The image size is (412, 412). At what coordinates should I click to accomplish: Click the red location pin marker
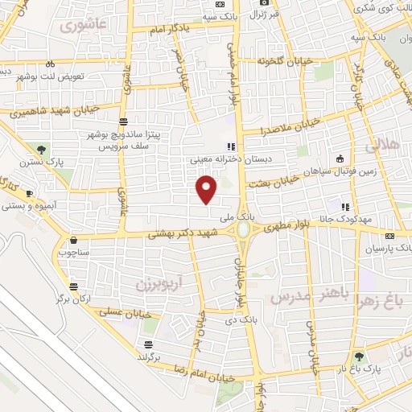point(207,189)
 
